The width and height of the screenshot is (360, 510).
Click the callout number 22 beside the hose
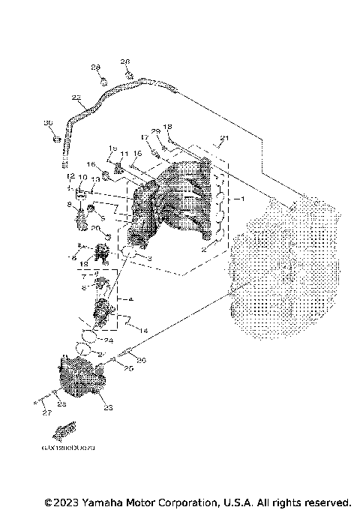(x=76, y=97)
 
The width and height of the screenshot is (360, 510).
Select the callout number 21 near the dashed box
(x=221, y=138)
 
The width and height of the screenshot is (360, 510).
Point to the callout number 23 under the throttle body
(x=107, y=408)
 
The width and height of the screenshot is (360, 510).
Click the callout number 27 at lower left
(x=46, y=412)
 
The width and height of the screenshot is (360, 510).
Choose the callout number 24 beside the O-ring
(x=108, y=340)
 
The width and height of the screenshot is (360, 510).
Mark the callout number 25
(x=128, y=369)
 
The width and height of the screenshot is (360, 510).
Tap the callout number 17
(x=144, y=137)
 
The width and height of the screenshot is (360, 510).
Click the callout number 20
(x=95, y=228)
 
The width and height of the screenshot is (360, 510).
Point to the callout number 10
(x=81, y=177)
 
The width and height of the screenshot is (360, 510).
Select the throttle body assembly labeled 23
(x=79, y=379)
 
